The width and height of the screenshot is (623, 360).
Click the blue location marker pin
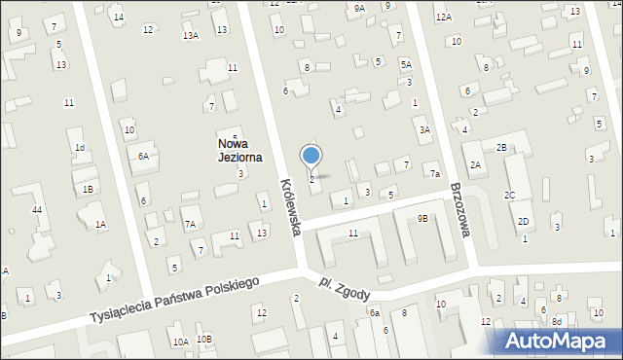coord(311,156)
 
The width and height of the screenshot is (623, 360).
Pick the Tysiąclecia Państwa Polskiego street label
coord(174,300)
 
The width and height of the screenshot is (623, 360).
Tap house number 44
coord(36,210)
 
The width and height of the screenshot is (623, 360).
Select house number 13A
coord(191,36)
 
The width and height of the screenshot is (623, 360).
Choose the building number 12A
coord(444,18)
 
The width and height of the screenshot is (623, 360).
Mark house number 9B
coord(422,219)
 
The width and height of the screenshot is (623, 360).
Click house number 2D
coord(523,222)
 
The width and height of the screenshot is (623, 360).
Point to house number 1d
coord(81,148)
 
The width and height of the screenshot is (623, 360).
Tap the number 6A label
coord(143,156)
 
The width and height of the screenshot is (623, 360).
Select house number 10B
coord(203,339)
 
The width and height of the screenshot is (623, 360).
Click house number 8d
coord(557,321)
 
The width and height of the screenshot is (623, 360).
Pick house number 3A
coord(423,129)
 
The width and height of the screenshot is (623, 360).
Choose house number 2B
coord(501,147)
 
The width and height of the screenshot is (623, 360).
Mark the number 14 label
coord(119,18)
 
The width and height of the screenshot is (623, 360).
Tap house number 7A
coord(191,224)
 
